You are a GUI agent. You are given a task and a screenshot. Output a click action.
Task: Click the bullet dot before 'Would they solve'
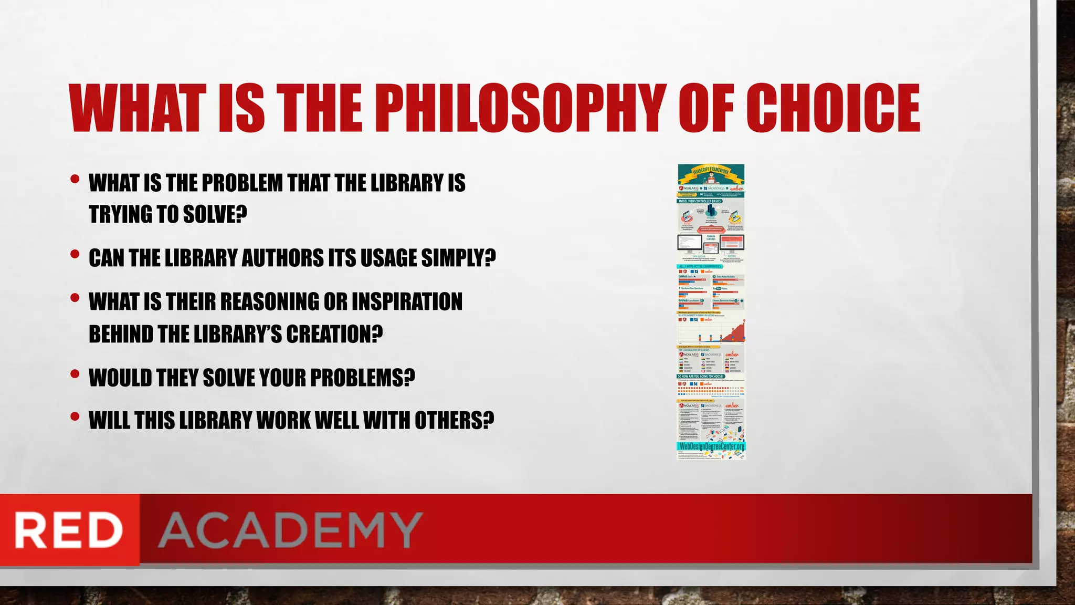pos(75,374)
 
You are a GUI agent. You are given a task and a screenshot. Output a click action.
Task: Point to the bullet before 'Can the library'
pos(75,254)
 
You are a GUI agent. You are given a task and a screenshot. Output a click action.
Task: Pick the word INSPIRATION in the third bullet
pos(407,301)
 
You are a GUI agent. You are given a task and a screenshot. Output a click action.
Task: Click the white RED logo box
pos(69,530)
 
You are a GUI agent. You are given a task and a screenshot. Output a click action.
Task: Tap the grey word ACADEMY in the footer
pos(290,530)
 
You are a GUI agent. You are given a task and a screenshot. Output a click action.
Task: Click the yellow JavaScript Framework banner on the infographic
pos(711,172)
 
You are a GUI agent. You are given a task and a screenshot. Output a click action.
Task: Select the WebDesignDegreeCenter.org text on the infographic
pos(711,446)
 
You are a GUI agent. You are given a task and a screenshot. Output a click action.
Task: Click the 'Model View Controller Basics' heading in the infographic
pos(700,201)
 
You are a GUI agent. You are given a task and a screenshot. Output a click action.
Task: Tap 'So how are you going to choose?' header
pos(701,376)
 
